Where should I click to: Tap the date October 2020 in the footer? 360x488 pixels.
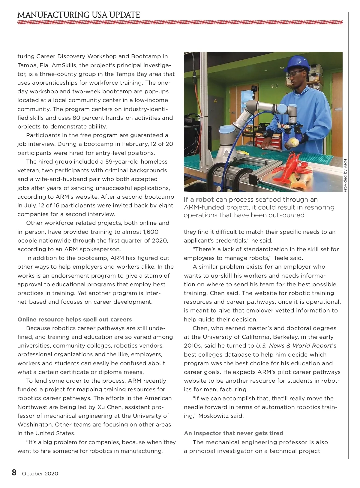tap(40, 474)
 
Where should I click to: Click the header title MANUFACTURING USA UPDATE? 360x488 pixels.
tap(79, 15)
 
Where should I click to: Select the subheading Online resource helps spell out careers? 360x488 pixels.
tap(74, 319)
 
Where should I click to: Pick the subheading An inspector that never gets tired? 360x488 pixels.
tap(233, 433)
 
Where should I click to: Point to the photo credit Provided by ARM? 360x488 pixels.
tap(345, 176)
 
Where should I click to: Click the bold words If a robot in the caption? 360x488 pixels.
tap(199, 199)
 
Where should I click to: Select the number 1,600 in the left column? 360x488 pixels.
tap(151, 232)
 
